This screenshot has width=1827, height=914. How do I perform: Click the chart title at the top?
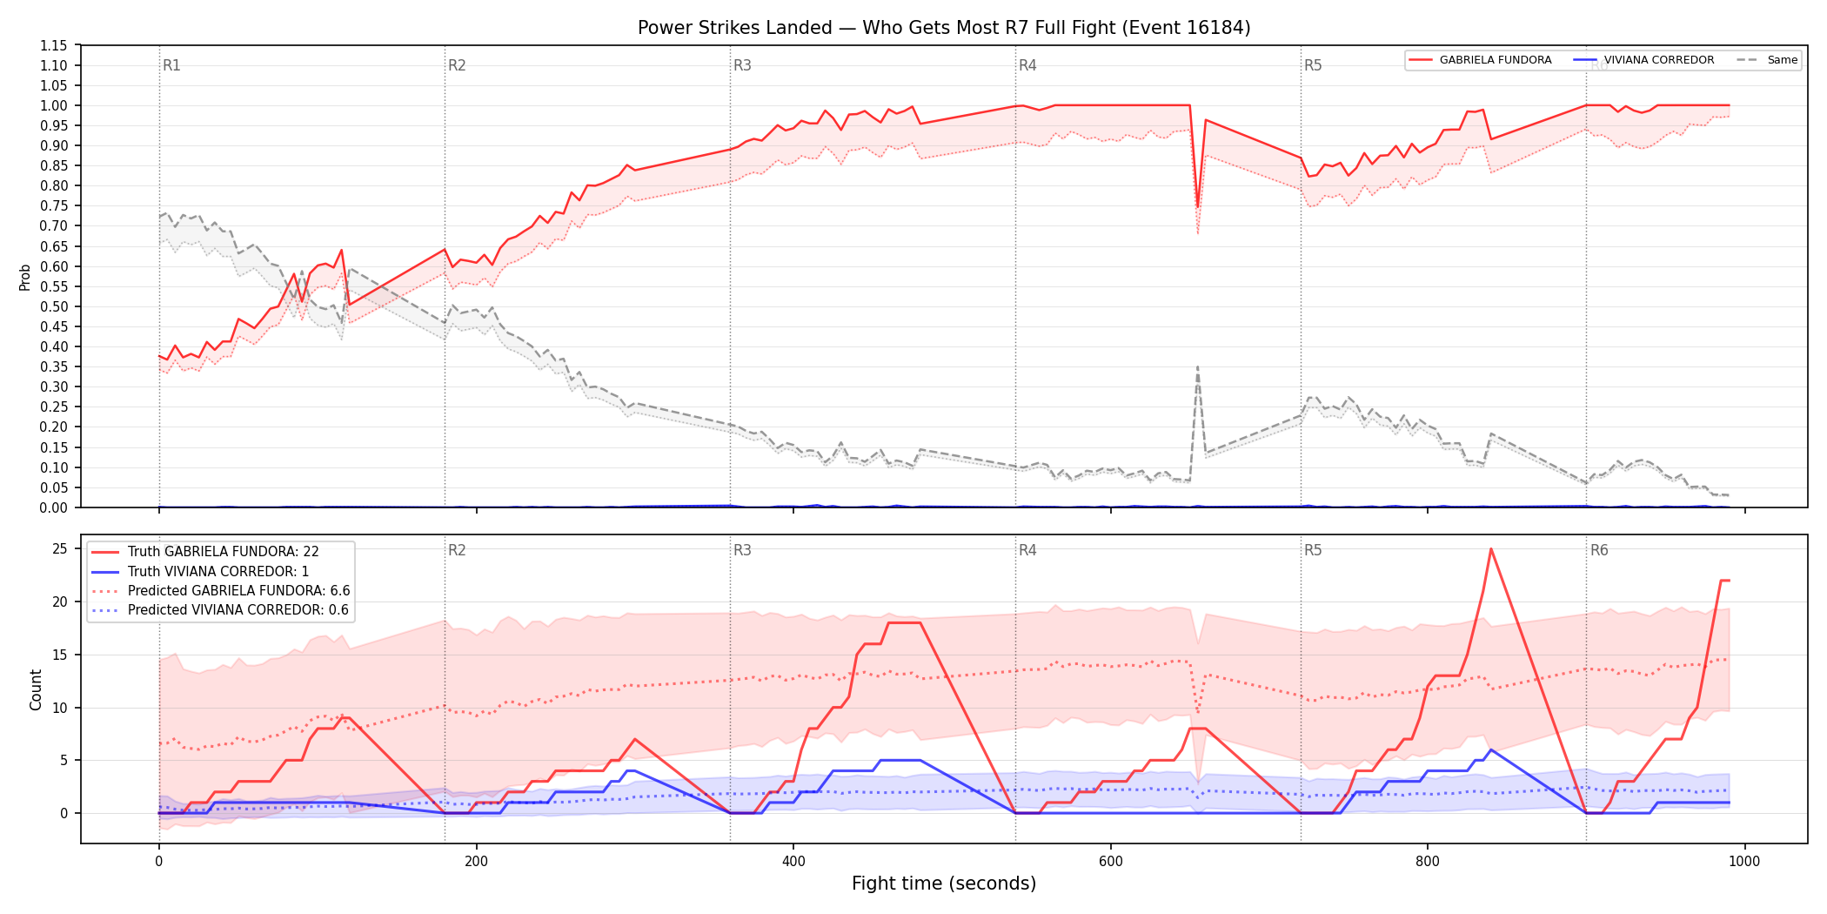click(x=944, y=28)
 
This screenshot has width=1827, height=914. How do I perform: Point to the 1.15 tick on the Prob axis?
click(x=53, y=45)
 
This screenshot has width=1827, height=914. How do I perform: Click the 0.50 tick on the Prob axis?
click(x=53, y=306)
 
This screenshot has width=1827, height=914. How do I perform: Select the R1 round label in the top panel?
click(x=171, y=65)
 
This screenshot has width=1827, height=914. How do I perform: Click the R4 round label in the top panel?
click(x=1027, y=65)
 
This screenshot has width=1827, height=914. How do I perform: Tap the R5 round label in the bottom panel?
click(x=1313, y=550)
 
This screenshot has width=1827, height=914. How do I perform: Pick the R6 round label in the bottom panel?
click(x=1599, y=550)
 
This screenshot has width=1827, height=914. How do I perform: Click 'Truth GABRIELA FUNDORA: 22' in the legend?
click(x=224, y=552)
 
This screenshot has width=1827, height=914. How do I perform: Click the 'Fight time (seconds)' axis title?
click(x=944, y=884)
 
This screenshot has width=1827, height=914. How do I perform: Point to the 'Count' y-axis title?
click(x=36, y=689)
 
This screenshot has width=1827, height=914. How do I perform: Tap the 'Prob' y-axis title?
click(x=25, y=277)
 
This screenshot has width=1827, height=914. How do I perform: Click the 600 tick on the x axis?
click(x=1111, y=862)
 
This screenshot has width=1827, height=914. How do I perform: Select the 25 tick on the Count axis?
click(x=60, y=548)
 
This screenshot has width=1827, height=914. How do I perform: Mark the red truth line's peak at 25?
click(x=1491, y=548)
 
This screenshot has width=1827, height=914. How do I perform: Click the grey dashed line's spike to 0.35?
click(x=1198, y=367)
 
